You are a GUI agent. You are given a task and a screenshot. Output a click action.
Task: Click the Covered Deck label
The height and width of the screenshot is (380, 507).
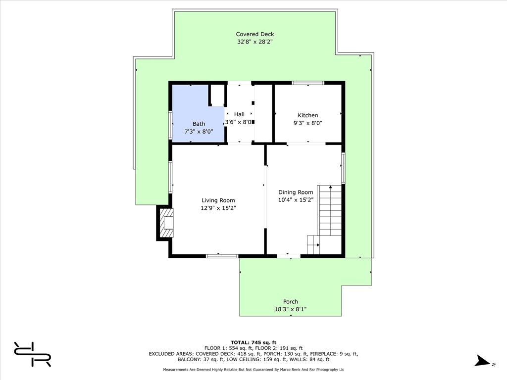pos(255,34)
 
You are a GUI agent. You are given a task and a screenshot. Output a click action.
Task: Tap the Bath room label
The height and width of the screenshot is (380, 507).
pos(199,124)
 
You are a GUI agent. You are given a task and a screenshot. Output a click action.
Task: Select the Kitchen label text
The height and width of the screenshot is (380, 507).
pos(308,115)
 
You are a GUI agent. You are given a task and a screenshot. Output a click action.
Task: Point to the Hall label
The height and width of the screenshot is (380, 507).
pos(239,114)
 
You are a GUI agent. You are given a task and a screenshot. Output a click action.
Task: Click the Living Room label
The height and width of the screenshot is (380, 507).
pos(218,200)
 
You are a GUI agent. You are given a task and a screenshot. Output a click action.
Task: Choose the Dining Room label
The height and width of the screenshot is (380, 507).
pos(296,192)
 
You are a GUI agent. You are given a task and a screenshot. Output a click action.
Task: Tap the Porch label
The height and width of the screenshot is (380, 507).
pos(290,301)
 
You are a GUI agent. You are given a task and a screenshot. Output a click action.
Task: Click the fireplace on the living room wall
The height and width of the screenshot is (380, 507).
pos(165,223)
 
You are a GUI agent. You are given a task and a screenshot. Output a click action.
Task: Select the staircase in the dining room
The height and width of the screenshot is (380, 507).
pos(324,220)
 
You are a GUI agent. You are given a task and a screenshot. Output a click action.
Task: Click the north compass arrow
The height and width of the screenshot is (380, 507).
pos(482,361)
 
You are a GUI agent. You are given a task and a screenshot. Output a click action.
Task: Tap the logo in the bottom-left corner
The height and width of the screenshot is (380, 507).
pos(32,354)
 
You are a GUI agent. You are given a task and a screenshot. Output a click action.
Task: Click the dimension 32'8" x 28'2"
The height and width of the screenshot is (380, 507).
pos(255,42)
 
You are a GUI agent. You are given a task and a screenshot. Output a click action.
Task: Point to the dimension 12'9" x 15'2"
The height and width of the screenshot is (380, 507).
pos(218,208)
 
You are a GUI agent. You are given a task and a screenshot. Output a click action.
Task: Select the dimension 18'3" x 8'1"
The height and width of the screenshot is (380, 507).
pos(290,309)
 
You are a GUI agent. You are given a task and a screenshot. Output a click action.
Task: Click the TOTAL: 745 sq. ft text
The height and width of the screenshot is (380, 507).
pos(253,342)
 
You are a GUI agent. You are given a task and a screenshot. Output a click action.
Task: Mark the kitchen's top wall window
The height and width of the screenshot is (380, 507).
pos(308,83)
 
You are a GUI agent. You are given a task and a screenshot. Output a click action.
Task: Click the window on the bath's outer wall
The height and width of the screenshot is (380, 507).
pos(170,125)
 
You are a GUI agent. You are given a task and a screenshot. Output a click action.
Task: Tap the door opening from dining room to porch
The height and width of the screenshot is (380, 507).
pos(289,256)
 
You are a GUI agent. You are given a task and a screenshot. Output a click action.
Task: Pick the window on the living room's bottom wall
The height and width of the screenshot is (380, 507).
pos(222,256)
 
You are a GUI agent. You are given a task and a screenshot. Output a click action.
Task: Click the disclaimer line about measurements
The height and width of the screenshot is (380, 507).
pos(253,370)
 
